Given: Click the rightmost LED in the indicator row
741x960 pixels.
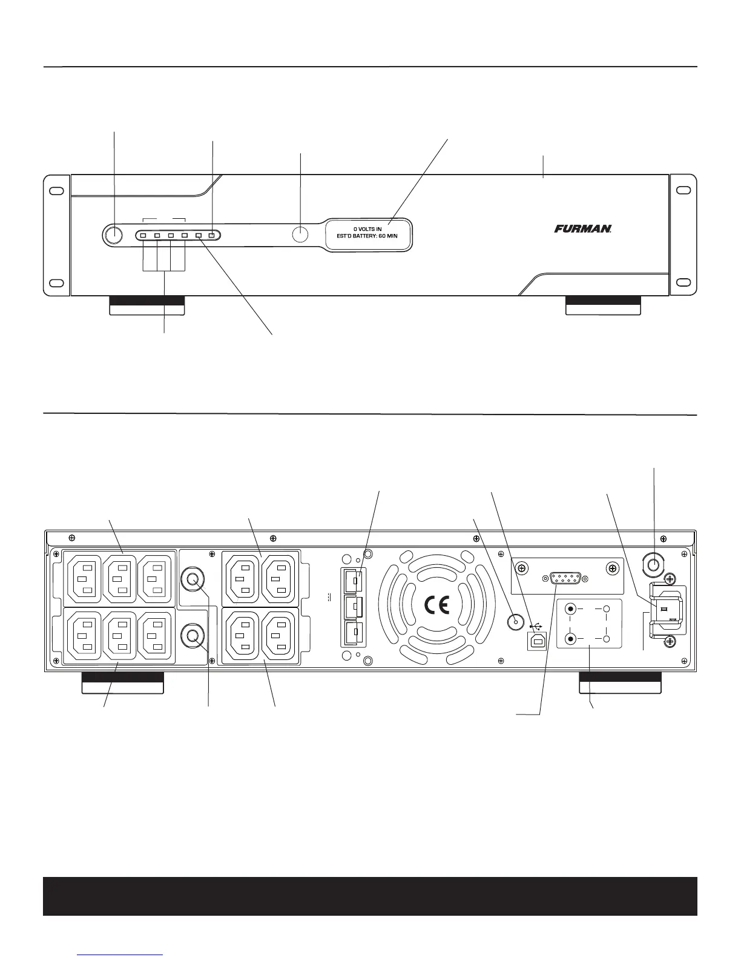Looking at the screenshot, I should point(212,236).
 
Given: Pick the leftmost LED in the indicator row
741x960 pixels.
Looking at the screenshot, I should point(143,236).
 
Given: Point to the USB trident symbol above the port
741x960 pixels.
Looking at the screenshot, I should point(537,625).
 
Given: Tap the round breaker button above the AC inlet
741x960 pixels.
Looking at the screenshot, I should point(654,565).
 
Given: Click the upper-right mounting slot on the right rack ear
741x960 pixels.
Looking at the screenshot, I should point(683,190).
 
